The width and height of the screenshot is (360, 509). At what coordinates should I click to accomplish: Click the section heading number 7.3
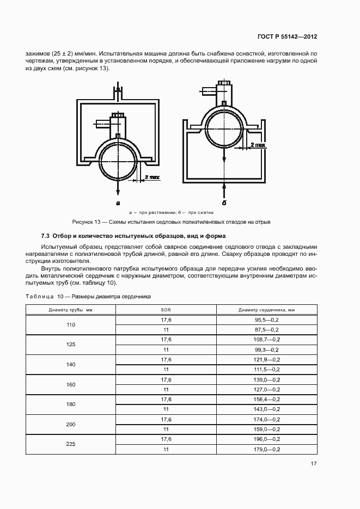[x=45, y=236]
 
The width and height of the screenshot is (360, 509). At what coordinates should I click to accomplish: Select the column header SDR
[x=166, y=310]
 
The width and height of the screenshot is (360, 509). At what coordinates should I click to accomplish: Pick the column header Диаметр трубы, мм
[x=70, y=310]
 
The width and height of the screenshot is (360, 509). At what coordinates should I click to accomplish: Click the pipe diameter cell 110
[x=70, y=324]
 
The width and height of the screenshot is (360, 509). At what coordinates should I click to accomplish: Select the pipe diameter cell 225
[x=70, y=444]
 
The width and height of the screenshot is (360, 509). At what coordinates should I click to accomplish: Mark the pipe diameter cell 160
[x=70, y=384]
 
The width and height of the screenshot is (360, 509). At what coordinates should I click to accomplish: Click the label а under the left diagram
[x=117, y=202]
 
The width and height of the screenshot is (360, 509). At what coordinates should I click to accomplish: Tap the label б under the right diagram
[x=224, y=202]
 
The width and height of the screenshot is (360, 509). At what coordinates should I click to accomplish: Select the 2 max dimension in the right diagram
[x=258, y=145]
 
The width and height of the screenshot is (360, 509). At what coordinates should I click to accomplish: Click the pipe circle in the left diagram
[x=117, y=161]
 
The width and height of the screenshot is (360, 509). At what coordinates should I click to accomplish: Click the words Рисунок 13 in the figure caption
[x=87, y=222]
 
